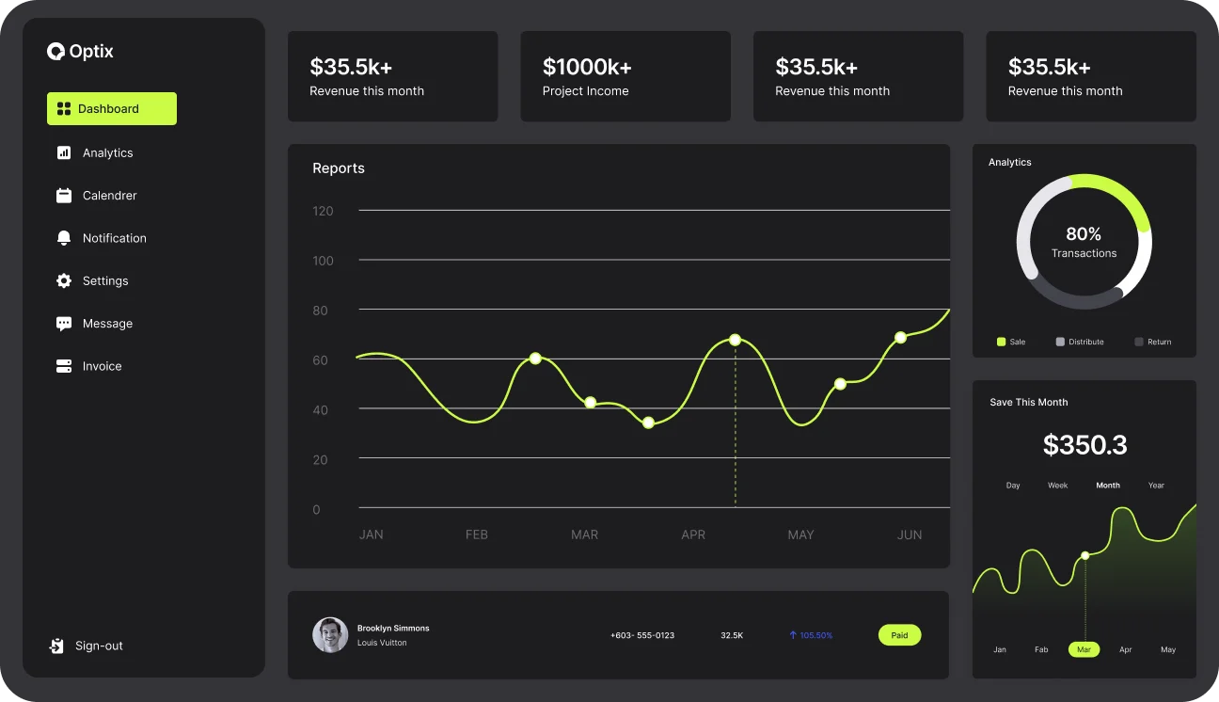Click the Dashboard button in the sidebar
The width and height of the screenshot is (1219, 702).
[111, 109]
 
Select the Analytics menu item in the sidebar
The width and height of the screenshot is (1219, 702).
[107, 152]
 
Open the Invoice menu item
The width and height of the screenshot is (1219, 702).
[102, 366]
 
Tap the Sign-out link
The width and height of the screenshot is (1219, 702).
[98, 646]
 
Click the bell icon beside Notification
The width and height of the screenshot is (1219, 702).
[64, 238]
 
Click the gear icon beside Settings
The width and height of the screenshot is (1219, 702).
[64, 280]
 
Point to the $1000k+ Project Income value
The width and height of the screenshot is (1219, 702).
[587, 67]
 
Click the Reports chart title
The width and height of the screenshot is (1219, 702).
[339, 168]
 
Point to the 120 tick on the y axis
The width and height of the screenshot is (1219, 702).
[323, 211]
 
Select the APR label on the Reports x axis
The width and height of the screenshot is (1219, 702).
[693, 534]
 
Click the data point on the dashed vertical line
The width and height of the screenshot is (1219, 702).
[735, 340]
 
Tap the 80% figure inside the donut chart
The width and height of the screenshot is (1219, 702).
[1084, 234]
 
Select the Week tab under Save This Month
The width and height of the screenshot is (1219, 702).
[1058, 486]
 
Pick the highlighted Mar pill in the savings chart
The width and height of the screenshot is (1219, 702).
[1084, 649]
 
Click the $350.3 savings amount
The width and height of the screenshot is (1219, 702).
[1084, 445]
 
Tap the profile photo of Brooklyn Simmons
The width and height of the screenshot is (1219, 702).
[330, 635]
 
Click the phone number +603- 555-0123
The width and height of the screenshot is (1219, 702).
[642, 635]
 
